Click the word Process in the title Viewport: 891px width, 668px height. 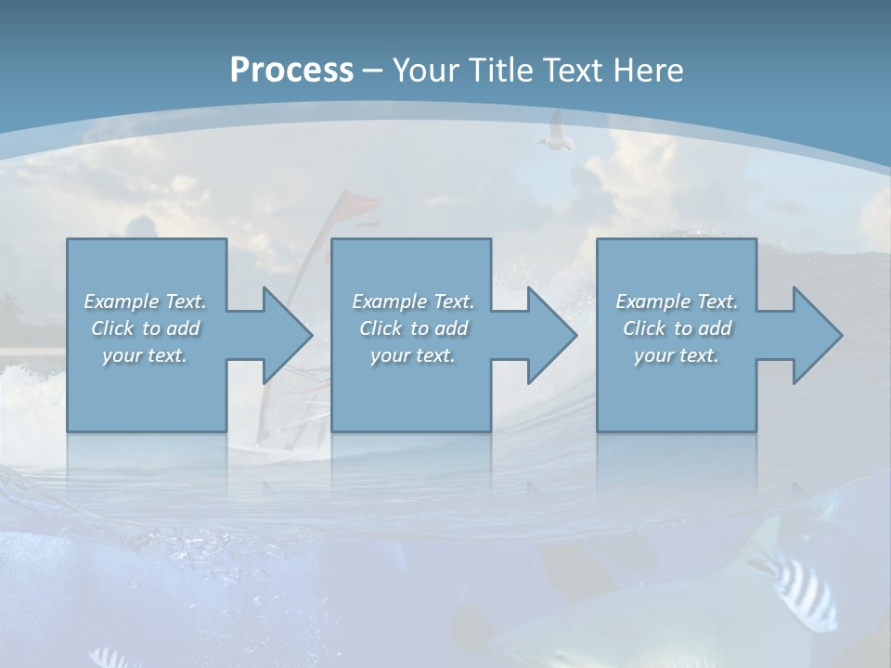click(291, 71)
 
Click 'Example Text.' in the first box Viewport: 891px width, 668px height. click(145, 302)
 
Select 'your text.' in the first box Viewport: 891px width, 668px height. click(145, 355)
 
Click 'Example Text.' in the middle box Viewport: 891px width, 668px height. click(413, 302)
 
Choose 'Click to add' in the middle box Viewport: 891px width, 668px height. click(413, 328)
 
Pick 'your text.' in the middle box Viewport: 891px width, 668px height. click(413, 355)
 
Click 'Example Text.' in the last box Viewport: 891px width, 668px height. click(677, 302)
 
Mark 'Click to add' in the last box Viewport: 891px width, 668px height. click(677, 328)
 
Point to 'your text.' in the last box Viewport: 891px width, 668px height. click(677, 355)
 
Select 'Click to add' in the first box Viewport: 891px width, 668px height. click(145, 328)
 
